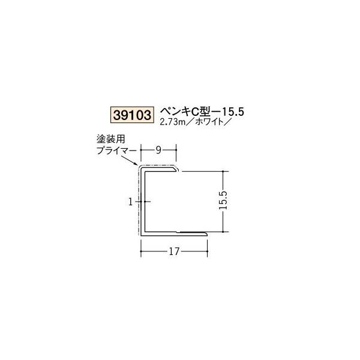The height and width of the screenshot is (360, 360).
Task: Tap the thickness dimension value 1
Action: tap(130, 202)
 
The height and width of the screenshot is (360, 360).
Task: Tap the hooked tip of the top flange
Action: tap(176, 172)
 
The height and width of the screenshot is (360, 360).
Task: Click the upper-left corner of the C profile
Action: tap(142, 170)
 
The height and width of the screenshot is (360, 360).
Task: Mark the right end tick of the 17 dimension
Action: tap(208, 245)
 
